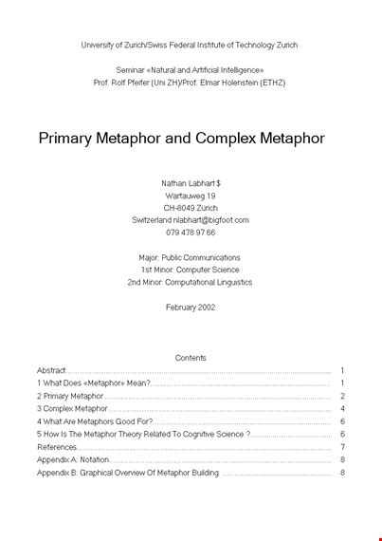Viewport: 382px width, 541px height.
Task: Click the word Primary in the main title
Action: click(69, 139)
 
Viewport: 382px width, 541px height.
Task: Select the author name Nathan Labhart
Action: click(188, 182)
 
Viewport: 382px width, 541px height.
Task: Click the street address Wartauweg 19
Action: click(191, 195)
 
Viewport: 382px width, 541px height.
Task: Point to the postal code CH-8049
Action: click(179, 207)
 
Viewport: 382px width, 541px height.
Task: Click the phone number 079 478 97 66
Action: click(191, 232)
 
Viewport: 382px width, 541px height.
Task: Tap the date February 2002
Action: click(191, 307)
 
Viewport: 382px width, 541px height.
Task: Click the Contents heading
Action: click(191, 358)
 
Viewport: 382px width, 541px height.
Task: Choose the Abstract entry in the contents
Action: click(52, 370)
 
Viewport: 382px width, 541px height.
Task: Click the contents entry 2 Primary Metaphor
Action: click(70, 396)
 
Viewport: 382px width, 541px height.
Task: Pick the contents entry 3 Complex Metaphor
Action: click(72, 408)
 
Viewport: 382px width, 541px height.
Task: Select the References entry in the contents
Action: click(58, 447)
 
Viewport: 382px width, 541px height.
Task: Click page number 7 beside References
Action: click(341, 447)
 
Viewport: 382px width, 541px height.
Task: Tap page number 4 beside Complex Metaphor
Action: click(341, 408)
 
